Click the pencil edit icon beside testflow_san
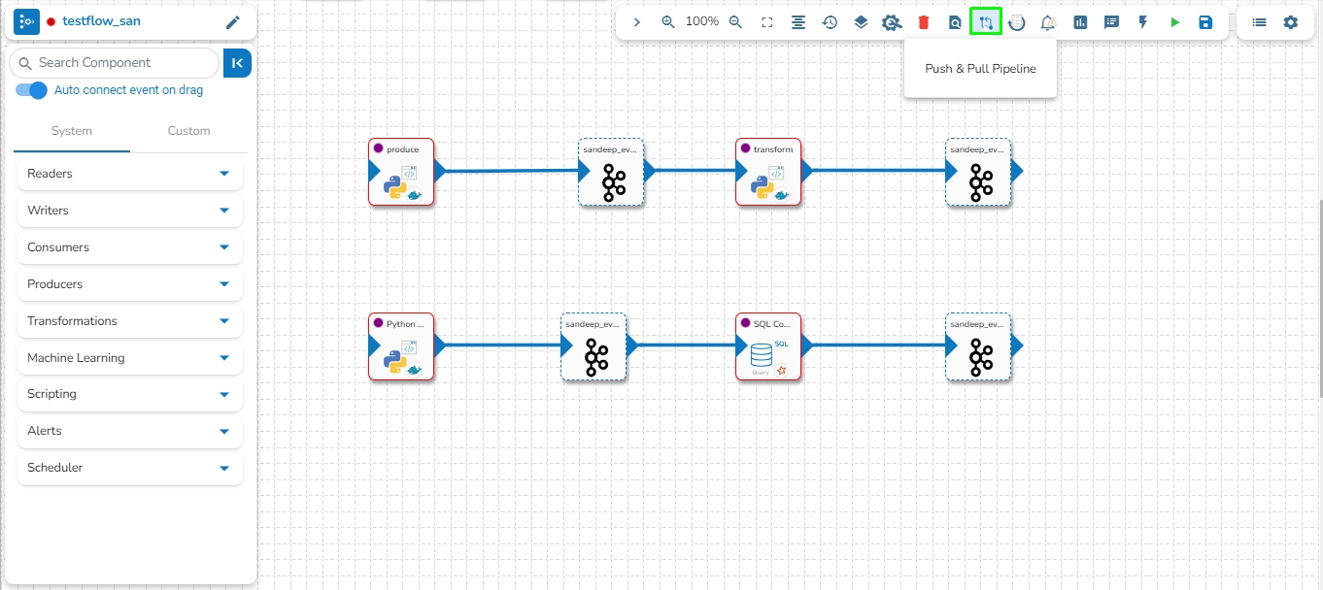tap(232, 22)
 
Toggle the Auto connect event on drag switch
tap(32, 90)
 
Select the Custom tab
tap(188, 131)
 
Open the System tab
tap(72, 131)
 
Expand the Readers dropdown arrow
tap(224, 174)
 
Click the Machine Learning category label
tap(76, 358)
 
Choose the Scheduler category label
tap(55, 468)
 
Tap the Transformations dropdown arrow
tap(224, 321)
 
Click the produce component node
tap(401, 172)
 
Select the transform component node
tap(768, 172)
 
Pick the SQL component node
tap(768, 346)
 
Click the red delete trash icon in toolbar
tap(924, 22)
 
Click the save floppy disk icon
tap(1205, 22)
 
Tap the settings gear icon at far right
tap(1290, 22)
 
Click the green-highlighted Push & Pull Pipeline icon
tap(986, 22)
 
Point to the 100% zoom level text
tap(702, 21)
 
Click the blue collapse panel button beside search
tap(237, 63)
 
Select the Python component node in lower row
tap(401, 346)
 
